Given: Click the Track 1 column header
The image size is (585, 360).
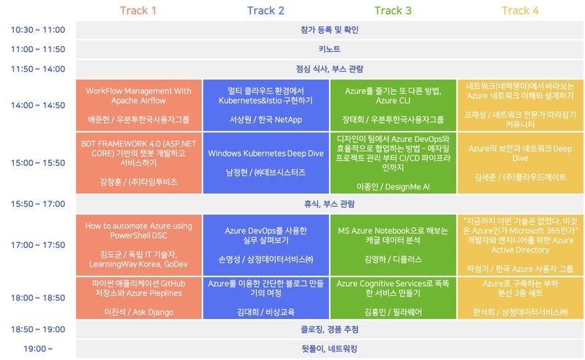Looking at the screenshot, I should click(x=137, y=10).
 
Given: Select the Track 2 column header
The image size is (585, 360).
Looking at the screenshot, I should click(x=265, y=10).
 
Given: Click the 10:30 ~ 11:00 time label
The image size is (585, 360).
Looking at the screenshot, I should click(x=38, y=30).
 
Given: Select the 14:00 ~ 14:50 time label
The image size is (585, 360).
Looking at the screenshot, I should click(x=38, y=105).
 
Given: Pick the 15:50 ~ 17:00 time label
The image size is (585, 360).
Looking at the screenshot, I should click(x=38, y=204).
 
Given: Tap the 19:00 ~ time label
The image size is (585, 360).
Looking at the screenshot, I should click(x=38, y=348).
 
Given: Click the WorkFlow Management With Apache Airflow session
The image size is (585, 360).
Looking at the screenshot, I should click(x=138, y=105).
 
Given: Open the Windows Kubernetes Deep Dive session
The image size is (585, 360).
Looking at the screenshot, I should click(x=266, y=162).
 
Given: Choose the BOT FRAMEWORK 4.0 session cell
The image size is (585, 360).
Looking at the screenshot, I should click(x=138, y=162).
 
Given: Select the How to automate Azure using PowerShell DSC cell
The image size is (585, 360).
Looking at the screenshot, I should click(x=138, y=244).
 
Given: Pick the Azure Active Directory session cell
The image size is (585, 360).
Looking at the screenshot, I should click(x=521, y=244).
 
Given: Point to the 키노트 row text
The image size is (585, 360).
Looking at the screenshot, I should click(x=329, y=50).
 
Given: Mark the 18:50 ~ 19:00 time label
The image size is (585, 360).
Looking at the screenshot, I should click(x=38, y=329).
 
